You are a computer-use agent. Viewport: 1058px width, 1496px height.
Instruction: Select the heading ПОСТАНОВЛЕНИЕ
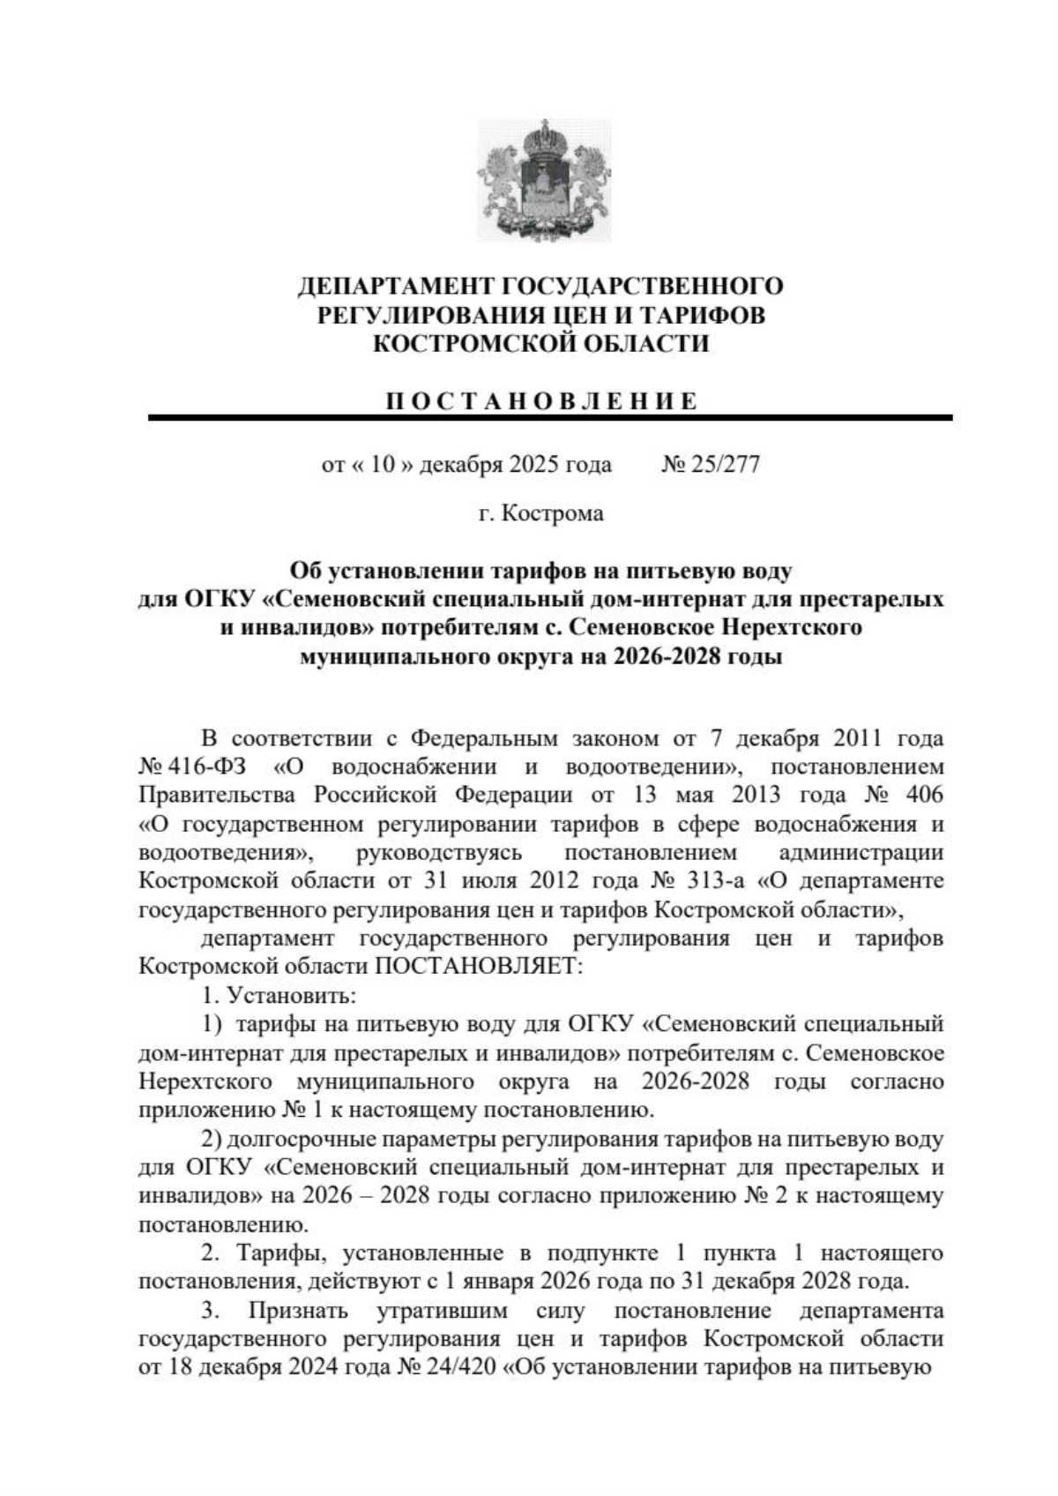[541, 401]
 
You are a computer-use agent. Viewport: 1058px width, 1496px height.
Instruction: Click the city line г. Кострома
[541, 512]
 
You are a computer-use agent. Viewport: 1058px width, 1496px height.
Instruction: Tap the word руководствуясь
[440, 852]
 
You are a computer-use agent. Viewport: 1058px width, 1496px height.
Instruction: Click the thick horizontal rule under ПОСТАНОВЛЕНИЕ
[550, 418]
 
